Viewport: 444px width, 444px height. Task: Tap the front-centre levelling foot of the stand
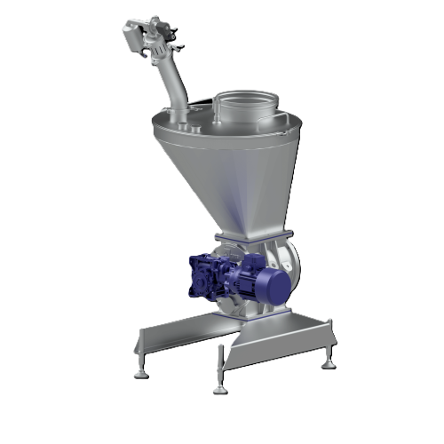(220, 384)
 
